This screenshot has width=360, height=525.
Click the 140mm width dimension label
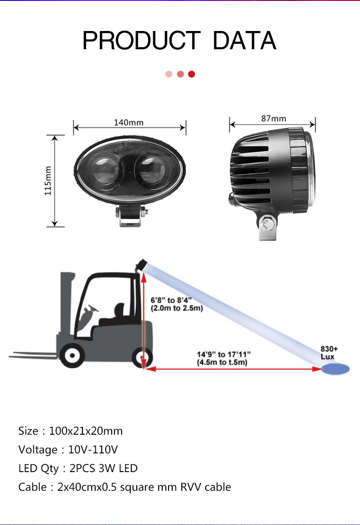[x=129, y=123]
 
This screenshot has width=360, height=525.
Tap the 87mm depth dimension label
[x=274, y=119]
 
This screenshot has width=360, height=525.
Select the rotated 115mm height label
[x=48, y=181]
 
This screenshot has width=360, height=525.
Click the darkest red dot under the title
[x=191, y=74]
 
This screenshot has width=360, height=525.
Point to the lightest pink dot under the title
[x=169, y=74]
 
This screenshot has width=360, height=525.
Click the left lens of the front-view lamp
[x=104, y=169]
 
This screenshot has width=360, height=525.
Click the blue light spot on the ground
[x=335, y=369]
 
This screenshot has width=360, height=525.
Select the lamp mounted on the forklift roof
[x=141, y=265]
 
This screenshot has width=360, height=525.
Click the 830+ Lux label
[x=329, y=353]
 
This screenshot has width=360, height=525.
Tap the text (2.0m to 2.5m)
[x=177, y=308]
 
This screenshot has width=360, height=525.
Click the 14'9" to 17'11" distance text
[x=223, y=354]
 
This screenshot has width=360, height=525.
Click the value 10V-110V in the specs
[x=93, y=449]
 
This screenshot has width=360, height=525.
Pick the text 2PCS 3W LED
[x=103, y=468]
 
